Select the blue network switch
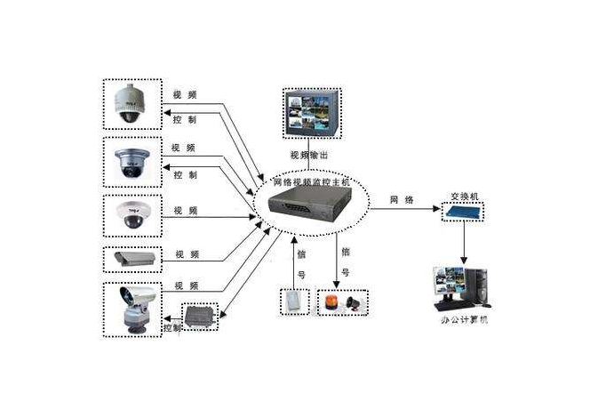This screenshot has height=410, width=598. click(x=464, y=212)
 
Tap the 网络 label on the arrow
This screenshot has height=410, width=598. click(x=402, y=199)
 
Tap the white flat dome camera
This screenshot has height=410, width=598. click(x=132, y=213)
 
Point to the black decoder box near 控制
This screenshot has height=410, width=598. click(x=199, y=316)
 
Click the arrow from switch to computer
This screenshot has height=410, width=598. click(x=464, y=238)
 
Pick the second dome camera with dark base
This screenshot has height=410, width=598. click(x=132, y=163)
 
